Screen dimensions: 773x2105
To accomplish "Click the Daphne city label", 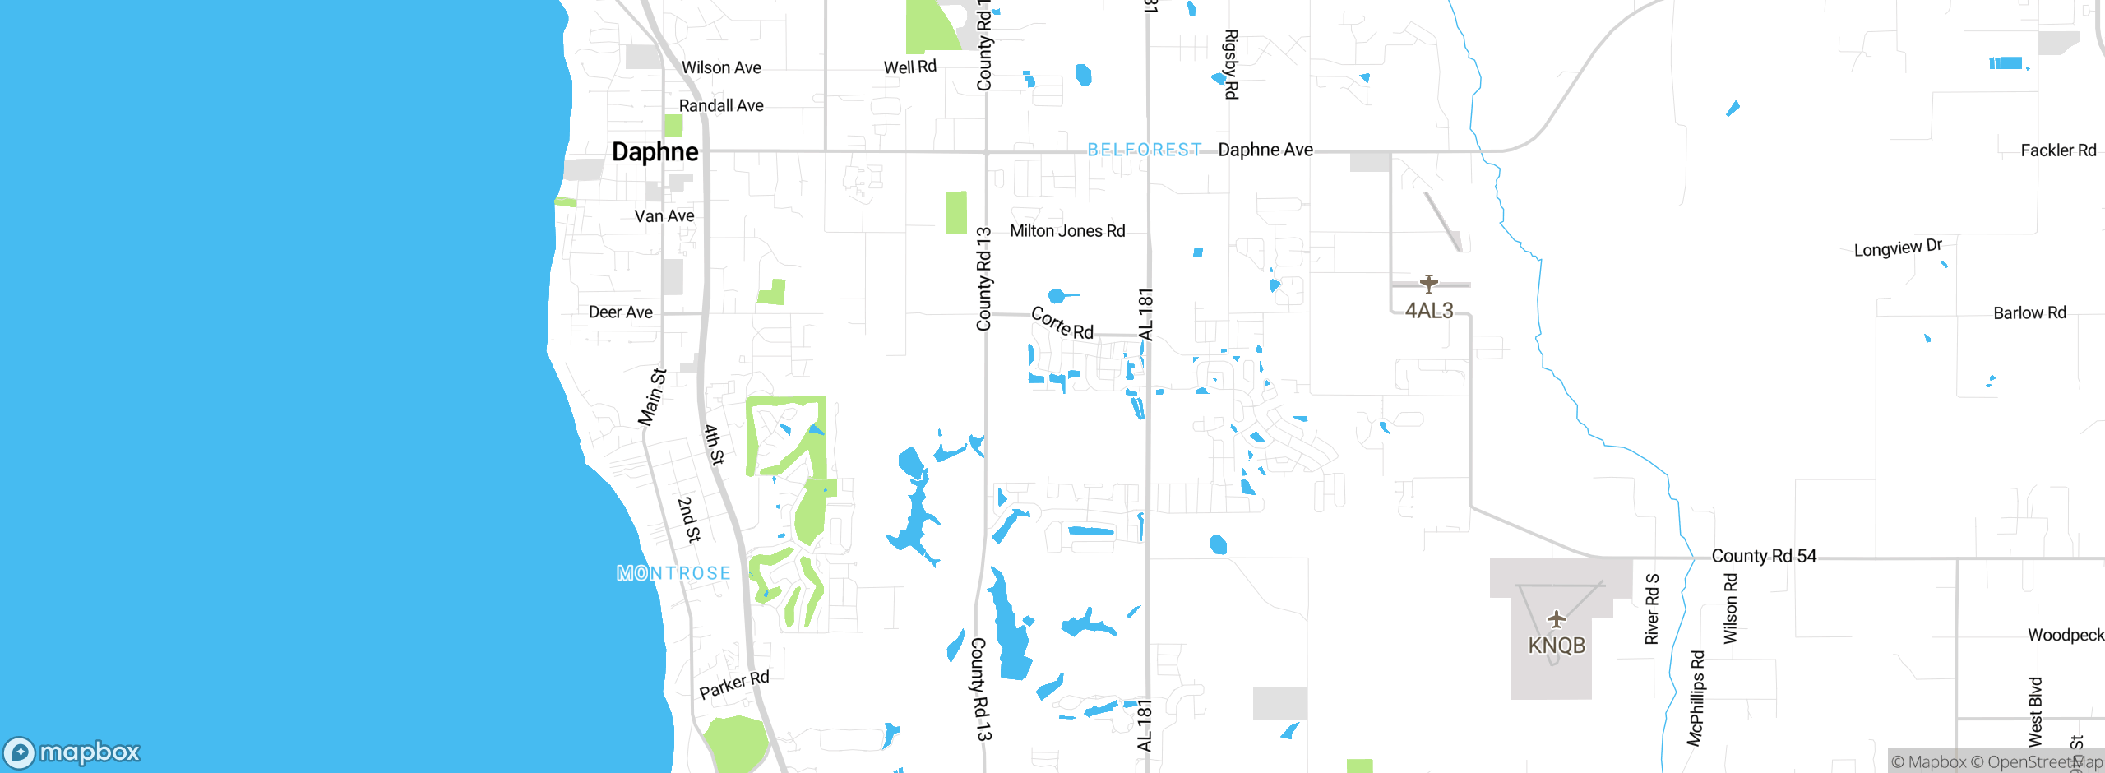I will tap(655, 152).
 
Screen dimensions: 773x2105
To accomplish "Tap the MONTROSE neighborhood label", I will tap(673, 573).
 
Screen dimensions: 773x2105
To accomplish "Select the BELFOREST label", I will tap(1145, 150).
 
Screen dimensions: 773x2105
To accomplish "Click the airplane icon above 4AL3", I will tap(1429, 284).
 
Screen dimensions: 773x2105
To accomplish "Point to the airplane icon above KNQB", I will tap(1556, 618).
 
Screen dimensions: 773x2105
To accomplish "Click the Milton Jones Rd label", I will tap(1067, 231).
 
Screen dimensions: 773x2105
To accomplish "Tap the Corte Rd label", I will tap(1062, 323).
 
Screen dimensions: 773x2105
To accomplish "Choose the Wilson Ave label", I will tap(721, 67).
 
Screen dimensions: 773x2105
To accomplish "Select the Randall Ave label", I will tap(721, 105).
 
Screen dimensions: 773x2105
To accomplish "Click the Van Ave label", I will tap(664, 216).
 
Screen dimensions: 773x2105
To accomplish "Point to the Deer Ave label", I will tap(621, 312).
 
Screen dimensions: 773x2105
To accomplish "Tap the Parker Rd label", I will tap(734, 684).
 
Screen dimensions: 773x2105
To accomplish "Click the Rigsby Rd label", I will tap(1231, 64).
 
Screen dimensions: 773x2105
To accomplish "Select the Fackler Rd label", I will tap(2058, 150).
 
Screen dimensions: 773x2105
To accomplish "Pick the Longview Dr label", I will tap(1898, 248).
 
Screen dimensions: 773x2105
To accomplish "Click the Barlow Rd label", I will tap(2029, 313).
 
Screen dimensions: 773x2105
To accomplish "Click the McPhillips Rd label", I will tap(1696, 698).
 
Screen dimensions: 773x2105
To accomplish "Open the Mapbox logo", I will tap(72, 752).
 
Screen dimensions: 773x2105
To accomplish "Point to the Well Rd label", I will tap(909, 67).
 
